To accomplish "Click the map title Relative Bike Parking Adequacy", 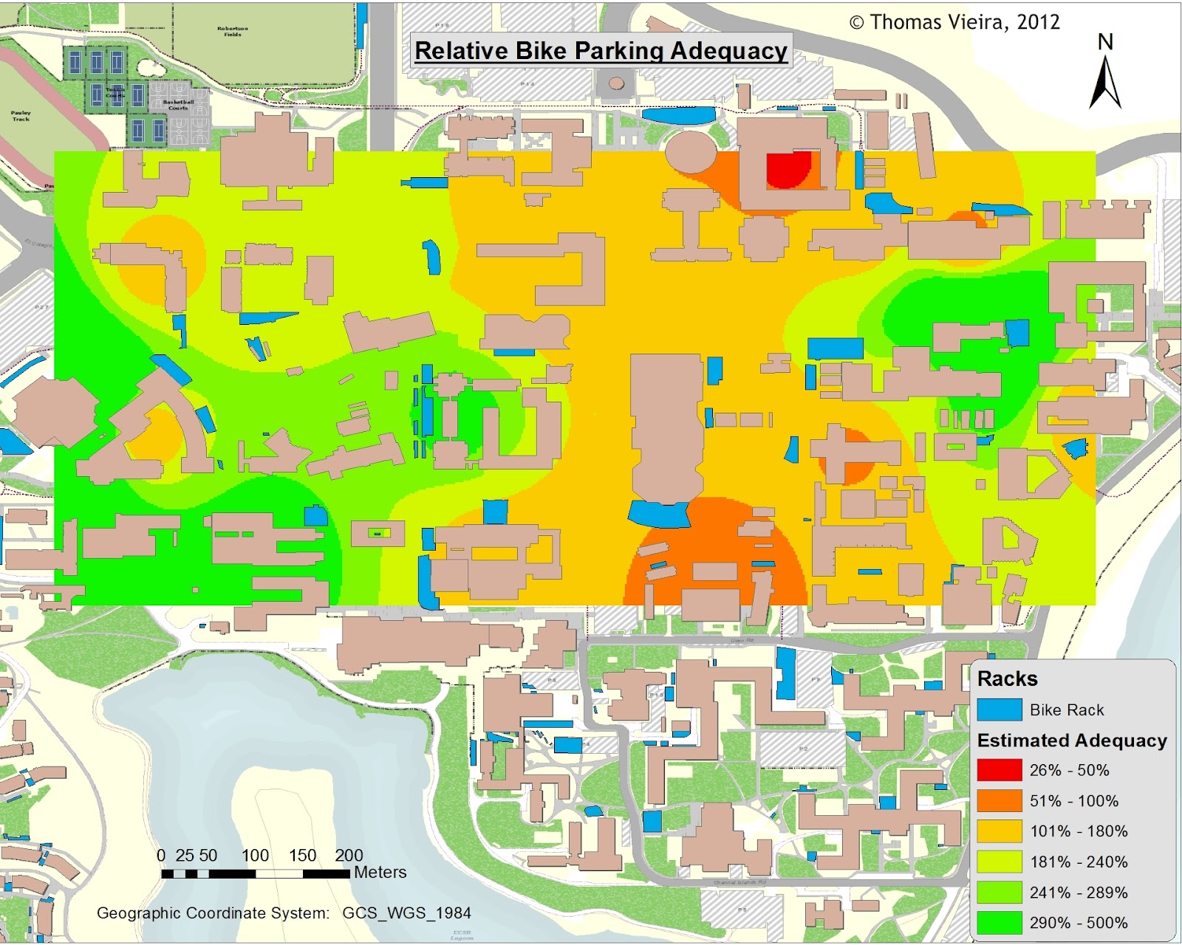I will pyautogui.click(x=601, y=50).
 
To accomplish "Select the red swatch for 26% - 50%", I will pyautogui.click(x=999, y=770).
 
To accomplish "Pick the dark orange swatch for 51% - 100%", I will pyautogui.click(x=999, y=800).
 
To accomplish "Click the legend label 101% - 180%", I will pyautogui.click(x=1079, y=831).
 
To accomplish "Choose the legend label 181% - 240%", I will pyautogui.click(x=1079, y=862).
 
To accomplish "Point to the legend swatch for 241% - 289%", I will pyautogui.click(x=999, y=892).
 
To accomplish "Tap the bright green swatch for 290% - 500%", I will pyautogui.click(x=999, y=922).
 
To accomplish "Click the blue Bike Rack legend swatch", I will pyautogui.click(x=999, y=709).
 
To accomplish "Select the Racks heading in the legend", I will pyautogui.click(x=1007, y=678).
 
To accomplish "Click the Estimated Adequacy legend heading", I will pyautogui.click(x=1072, y=740).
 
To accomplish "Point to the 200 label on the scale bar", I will pyautogui.click(x=349, y=855).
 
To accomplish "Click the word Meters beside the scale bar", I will pyautogui.click(x=380, y=872).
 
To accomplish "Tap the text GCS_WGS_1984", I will pyautogui.click(x=406, y=913).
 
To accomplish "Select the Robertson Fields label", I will pyautogui.click(x=233, y=31).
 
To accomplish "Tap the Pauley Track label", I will pyautogui.click(x=21, y=116).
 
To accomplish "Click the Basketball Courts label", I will pyautogui.click(x=178, y=105).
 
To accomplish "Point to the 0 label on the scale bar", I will pyautogui.click(x=161, y=855).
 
